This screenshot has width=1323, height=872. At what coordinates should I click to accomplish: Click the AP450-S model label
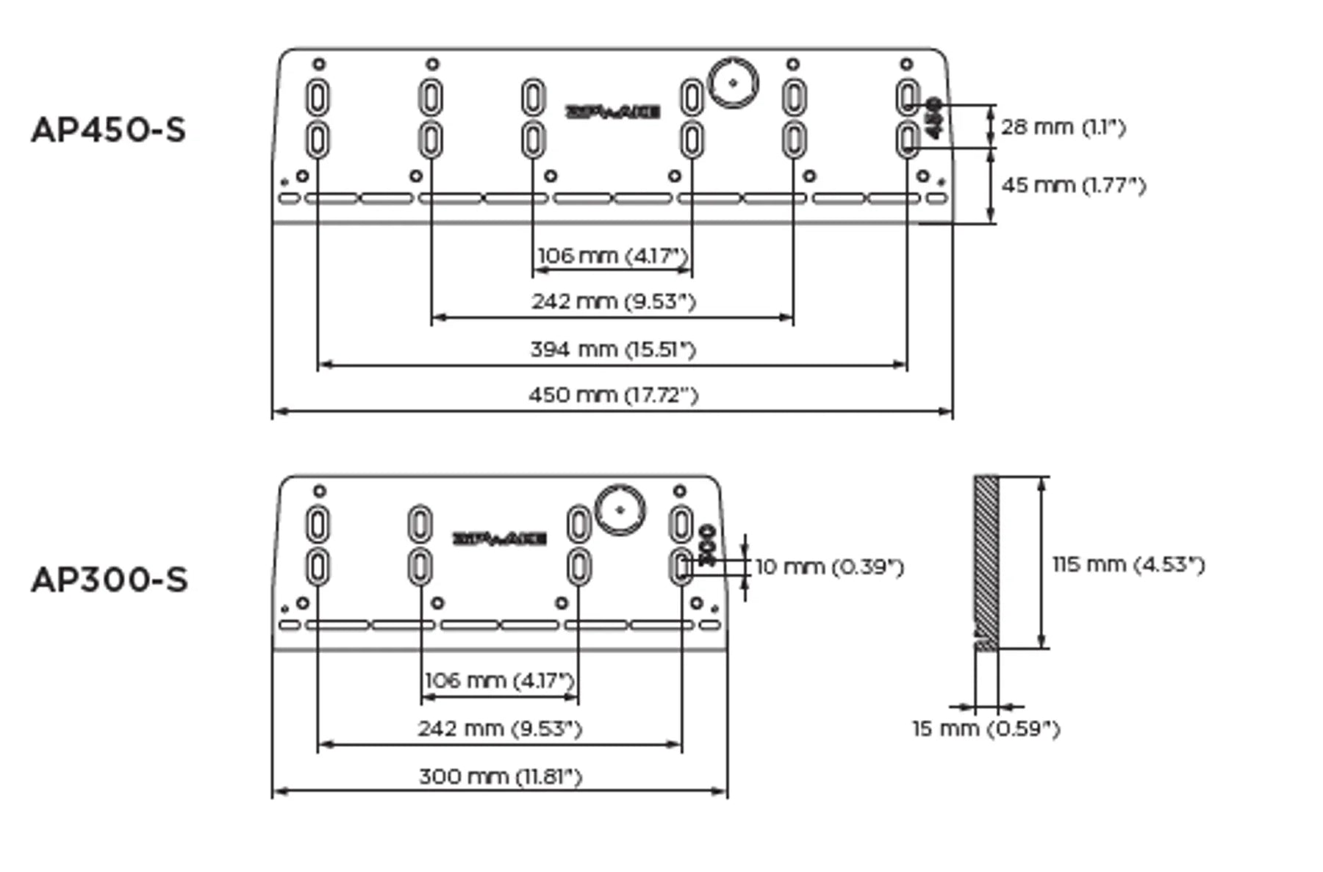click(x=109, y=131)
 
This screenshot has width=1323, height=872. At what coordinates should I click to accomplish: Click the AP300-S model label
click(x=110, y=580)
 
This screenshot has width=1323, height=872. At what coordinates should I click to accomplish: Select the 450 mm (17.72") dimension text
click(x=613, y=395)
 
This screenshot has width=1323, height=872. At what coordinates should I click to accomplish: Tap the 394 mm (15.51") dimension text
click(x=613, y=349)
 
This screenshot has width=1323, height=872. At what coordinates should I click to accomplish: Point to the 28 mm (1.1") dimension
click(x=1063, y=127)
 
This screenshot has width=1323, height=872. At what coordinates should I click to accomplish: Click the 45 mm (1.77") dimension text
click(x=1073, y=185)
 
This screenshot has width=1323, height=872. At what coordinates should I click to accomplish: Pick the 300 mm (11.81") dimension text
click(x=501, y=776)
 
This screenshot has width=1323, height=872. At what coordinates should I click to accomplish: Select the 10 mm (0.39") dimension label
click(x=830, y=567)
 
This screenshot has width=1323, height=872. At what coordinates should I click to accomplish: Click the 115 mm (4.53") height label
click(x=1129, y=564)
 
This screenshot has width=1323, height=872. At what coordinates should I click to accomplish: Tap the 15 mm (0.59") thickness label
click(x=986, y=729)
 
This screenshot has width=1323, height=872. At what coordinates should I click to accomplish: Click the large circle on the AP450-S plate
click(x=733, y=83)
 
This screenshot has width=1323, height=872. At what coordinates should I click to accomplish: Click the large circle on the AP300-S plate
click(x=620, y=510)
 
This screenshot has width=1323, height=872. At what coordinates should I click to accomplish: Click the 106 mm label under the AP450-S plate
click(x=613, y=256)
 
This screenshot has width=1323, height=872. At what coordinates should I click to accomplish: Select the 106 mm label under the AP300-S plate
click(x=500, y=680)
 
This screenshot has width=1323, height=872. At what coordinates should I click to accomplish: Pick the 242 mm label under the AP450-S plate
click(x=613, y=301)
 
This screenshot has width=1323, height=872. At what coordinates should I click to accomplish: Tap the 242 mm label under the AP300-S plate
click(x=500, y=729)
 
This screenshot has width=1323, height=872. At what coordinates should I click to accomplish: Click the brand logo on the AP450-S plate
click(x=612, y=112)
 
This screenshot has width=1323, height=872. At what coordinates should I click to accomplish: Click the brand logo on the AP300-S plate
click(x=500, y=539)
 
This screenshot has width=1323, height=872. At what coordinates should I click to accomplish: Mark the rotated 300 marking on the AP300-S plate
click(x=707, y=544)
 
